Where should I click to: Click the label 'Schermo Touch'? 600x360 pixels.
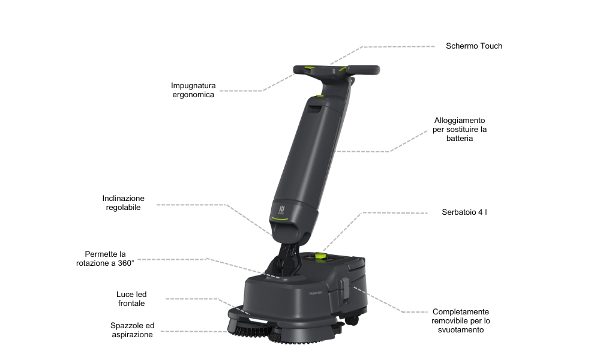click(474, 46)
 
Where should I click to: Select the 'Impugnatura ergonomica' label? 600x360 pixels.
click(193, 90)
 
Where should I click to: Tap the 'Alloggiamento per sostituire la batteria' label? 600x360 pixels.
click(460, 130)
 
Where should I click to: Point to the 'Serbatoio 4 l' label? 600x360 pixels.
click(464, 212)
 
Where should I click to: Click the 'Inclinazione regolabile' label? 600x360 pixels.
click(123, 203)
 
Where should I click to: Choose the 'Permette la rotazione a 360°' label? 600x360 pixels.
click(105, 259)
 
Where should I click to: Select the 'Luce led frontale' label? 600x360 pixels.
click(131, 299)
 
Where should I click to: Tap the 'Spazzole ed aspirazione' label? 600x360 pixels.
click(132, 330)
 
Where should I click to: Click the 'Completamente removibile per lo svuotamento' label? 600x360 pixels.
click(461, 320)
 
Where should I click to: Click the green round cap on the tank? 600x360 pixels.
click(320, 256)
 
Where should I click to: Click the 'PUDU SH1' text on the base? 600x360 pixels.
click(316, 293)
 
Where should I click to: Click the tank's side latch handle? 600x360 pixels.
click(343, 289)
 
